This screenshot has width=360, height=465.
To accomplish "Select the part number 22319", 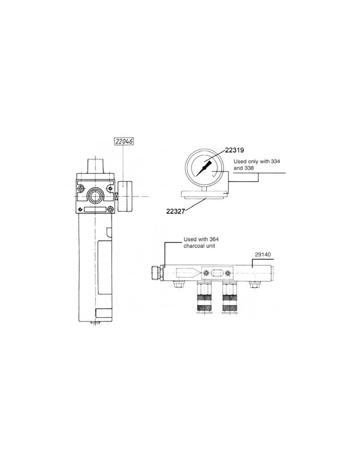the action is point(234,150).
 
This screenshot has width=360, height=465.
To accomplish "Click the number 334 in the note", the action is point(276,162).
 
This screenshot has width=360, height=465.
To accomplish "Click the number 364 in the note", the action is point(214,239).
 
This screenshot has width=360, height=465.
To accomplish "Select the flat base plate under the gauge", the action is point(204,194).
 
